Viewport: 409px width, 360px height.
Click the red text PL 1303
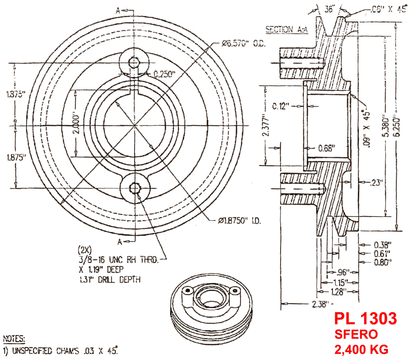pos(365,319)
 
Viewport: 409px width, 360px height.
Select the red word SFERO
pos(356,334)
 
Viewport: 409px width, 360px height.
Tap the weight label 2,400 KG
pos(361,350)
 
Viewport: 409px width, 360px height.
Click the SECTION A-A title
pos(287,29)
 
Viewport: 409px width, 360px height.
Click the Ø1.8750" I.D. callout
pos(240,221)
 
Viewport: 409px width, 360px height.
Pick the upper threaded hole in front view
pos(134,62)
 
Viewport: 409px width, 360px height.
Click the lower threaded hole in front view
pos(135,188)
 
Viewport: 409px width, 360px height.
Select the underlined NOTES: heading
pos(14,339)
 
